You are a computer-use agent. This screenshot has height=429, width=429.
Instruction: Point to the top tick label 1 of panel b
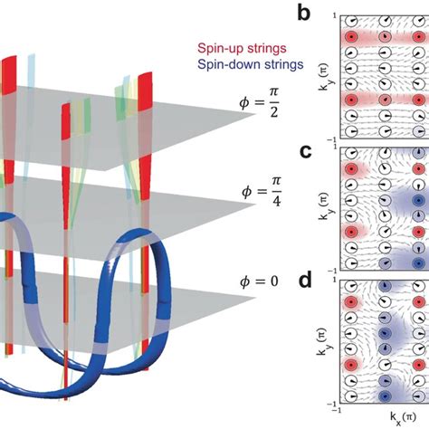(336, 16)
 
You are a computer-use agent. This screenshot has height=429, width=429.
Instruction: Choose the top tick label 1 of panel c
(336, 150)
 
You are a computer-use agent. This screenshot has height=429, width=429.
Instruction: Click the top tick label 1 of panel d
(336, 284)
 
